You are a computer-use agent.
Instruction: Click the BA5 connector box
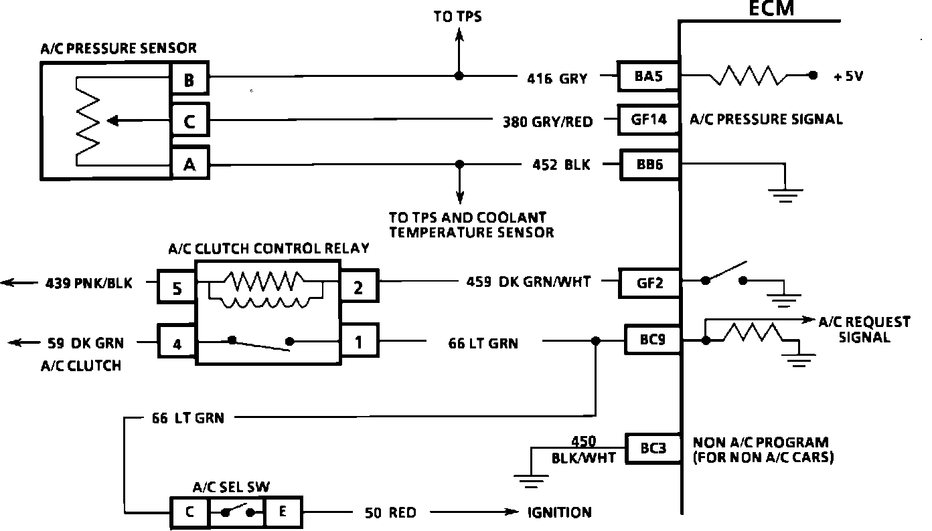point(648,76)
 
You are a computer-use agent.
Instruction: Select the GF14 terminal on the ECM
point(649,120)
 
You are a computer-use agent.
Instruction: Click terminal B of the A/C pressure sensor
point(189,81)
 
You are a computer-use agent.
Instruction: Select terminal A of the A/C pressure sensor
point(189,164)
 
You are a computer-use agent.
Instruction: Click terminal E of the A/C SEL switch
point(283,512)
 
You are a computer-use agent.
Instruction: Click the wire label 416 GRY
point(556,79)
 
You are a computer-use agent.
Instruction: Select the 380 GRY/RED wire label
point(548,122)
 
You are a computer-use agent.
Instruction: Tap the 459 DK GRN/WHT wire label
point(528,282)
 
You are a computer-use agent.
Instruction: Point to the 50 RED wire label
point(390,513)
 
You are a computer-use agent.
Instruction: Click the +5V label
point(848,76)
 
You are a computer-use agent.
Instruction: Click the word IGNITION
point(559,513)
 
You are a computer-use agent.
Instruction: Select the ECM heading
point(771,9)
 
